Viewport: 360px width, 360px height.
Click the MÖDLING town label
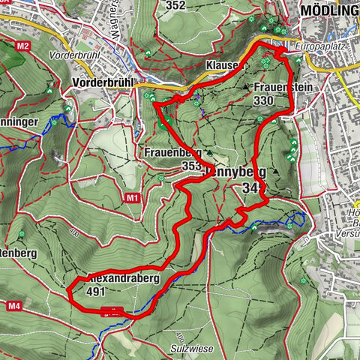[x=328, y=10]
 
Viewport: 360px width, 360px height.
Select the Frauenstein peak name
[x=282, y=88]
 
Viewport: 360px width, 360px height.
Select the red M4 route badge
[x=15, y=306]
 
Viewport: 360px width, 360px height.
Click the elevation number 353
[x=191, y=166]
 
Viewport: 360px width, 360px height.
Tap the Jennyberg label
[x=235, y=171]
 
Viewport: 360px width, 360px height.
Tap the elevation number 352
[x=175, y=5]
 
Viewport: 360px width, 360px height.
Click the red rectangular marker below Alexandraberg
[x=112, y=310]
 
